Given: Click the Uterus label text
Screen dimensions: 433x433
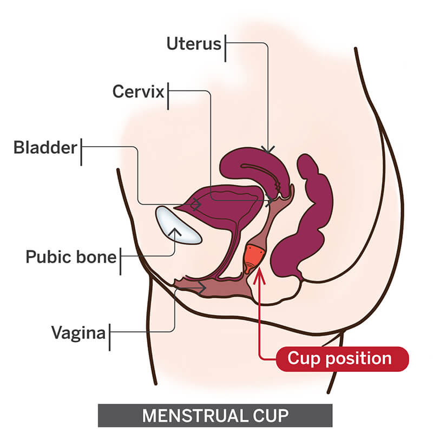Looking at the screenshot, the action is [x=194, y=44].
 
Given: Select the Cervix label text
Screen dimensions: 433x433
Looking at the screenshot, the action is [x=138, y=91].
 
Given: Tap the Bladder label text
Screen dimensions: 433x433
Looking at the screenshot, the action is [x=45, y=147].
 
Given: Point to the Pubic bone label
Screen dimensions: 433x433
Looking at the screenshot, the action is [x=71, y=257].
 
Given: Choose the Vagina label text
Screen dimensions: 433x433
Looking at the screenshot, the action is [x=78, y=333].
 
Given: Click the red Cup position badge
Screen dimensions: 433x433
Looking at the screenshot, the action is [x=342, y=359].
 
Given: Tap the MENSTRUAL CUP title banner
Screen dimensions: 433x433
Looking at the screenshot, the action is [x=215, y=415].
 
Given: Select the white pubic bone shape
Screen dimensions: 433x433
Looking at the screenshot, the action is [x=178, y=225].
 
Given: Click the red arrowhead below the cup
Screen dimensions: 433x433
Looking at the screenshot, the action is [x=259, y=275].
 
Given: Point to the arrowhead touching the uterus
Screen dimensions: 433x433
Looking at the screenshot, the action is [x=268, y=149].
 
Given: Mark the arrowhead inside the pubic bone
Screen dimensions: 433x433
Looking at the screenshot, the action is [x=174, y=232].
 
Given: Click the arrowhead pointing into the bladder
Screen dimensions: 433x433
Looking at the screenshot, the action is [x=197, y=205].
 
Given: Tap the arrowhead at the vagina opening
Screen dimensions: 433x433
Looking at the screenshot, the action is [x=202, y=288].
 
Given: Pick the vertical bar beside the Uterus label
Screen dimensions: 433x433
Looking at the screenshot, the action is [x=225, y=48].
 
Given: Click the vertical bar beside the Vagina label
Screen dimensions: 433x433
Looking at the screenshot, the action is [x=110, y=337].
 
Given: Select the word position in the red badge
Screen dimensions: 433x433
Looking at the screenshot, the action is [x=359, y=359].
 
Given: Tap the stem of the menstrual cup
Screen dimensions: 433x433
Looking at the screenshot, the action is [x=247, y=269].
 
